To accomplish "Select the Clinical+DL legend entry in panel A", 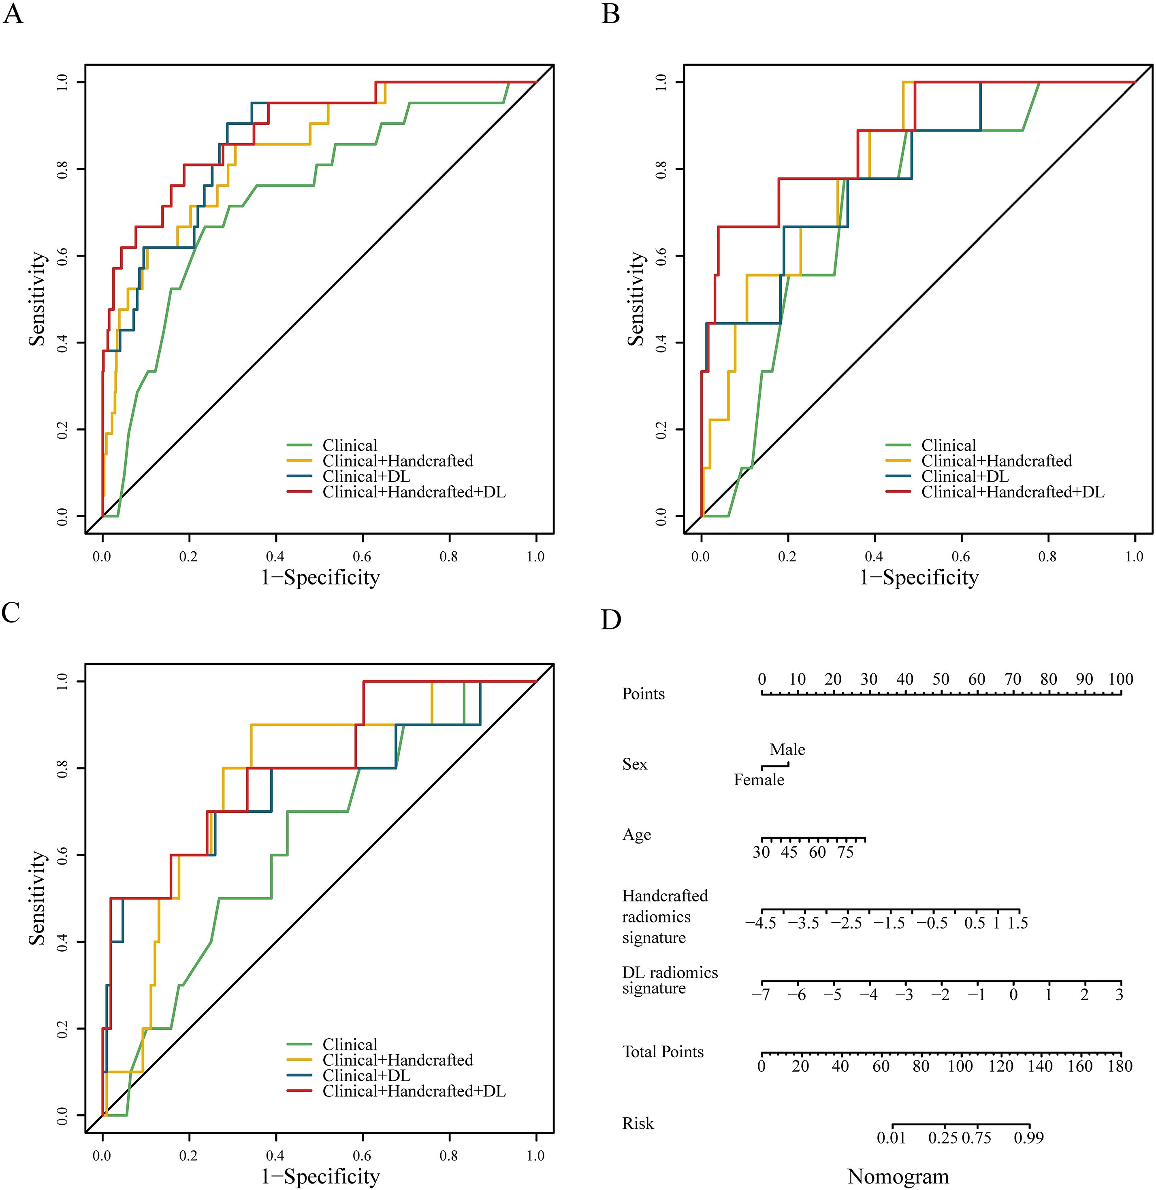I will pos(366,477).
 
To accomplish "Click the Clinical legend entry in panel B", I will pos(948,446).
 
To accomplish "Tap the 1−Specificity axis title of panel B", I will pos(919,577).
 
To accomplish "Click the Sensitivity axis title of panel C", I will pos(38,897).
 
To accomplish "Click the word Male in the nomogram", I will pos(787,750).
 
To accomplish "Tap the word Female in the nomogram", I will pos(759,780).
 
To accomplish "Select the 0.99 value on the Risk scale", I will pos(1028,1137).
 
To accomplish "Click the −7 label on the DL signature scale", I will pos(761,995).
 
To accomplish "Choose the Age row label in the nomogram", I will pos(636,835).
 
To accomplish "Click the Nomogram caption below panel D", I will pos(898,1176).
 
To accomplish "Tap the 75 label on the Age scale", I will pos(845,852).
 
